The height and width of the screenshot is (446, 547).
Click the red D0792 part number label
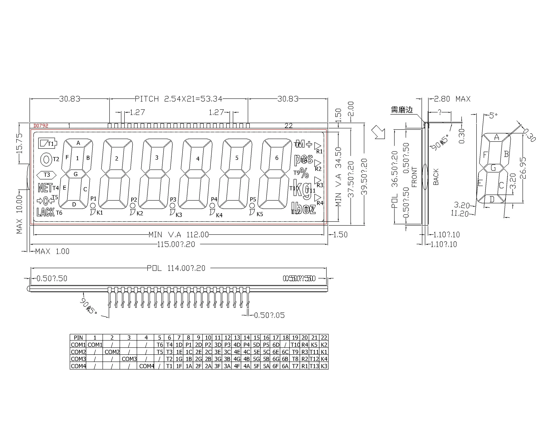click(41, 126)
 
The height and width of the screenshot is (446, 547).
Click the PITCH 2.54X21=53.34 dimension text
click(178, 99)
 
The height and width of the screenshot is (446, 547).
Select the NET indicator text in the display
click(45, 188)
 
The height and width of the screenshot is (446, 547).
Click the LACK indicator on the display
click(45, 212)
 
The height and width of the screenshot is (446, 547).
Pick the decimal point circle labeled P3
click(172, 206)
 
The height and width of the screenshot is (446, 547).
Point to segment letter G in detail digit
click(493, 168)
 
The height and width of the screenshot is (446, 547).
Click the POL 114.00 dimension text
click(176, 268)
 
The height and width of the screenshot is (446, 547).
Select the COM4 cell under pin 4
click(146, 366)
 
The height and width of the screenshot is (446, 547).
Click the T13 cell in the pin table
click(314, 366)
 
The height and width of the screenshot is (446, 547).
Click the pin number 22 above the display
click(288, 126)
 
